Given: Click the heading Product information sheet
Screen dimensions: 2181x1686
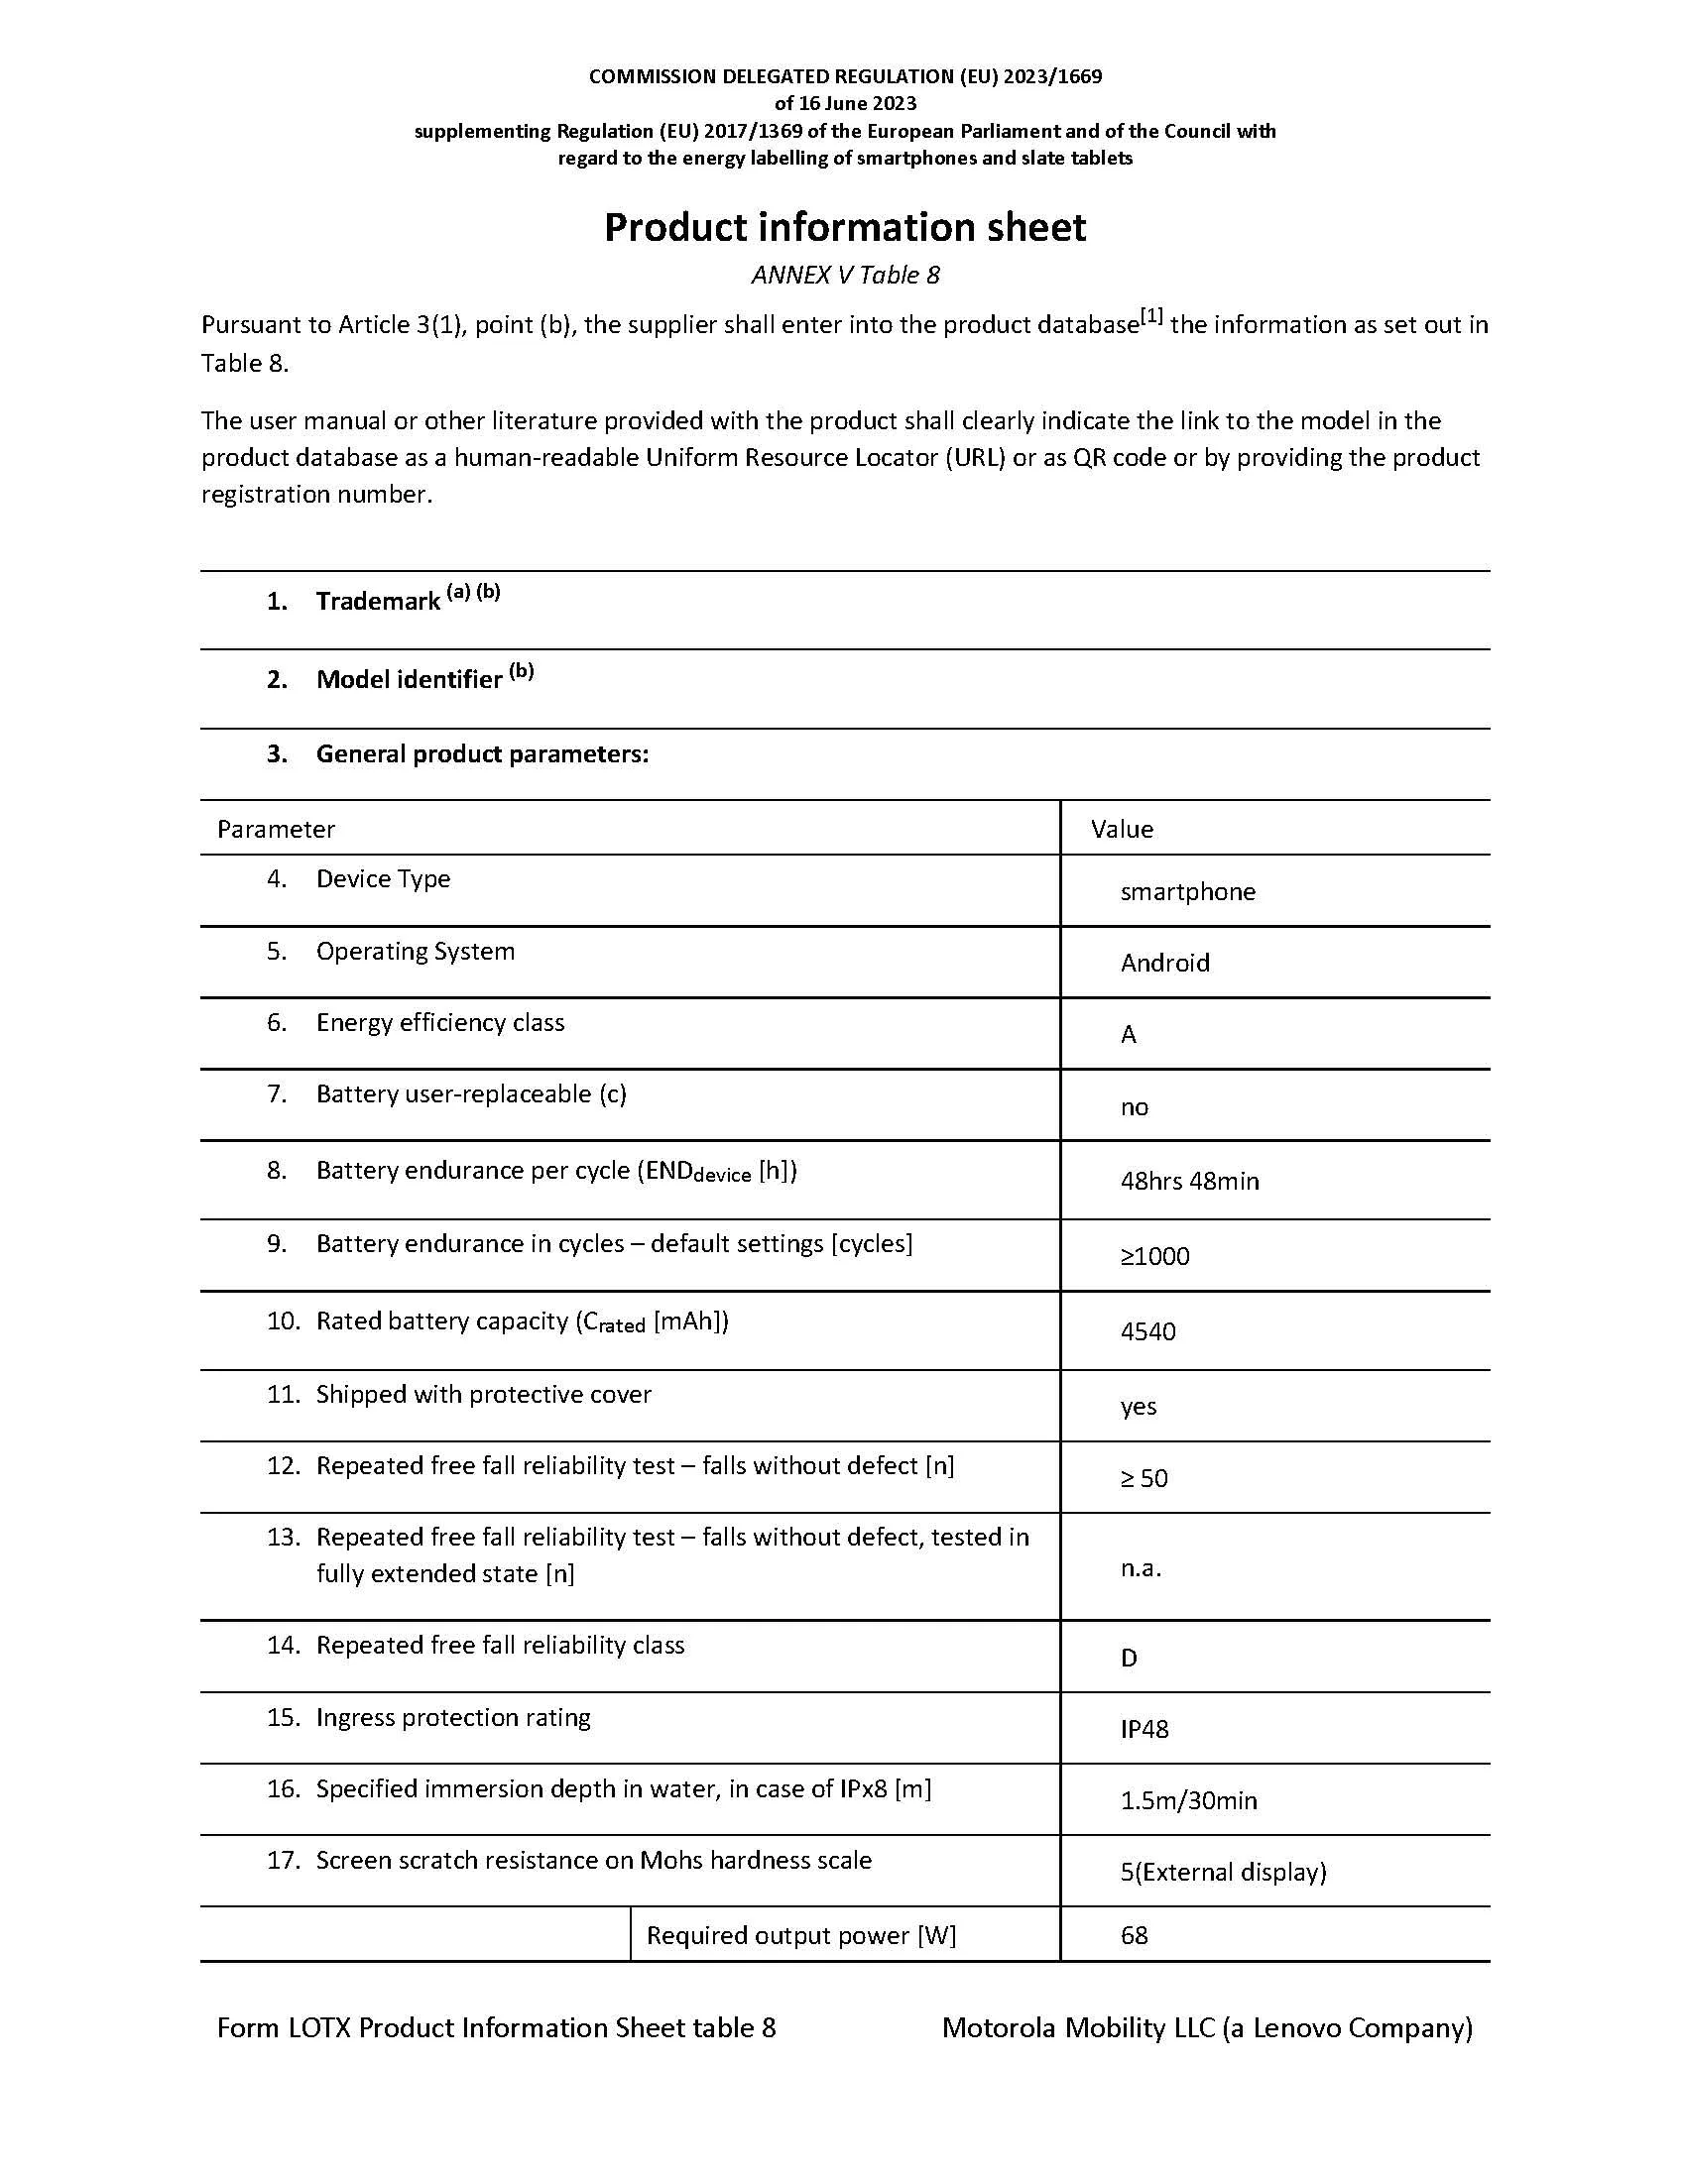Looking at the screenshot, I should pyautogui.click(x=844, y=228).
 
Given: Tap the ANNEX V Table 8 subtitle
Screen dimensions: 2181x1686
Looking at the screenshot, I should pyautogui.click(x=845, y=275).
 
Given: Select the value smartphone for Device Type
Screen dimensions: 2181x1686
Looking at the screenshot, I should pyautogui.click(x=1187, y=892).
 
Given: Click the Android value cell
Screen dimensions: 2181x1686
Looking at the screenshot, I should pyautogui.click(x=1164, y=963).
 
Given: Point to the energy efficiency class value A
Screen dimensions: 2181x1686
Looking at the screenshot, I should pyautogui.click(x=1129, y=1035).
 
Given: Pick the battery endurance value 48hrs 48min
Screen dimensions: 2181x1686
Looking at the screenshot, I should pyautogui.click(x=1189, y=1182).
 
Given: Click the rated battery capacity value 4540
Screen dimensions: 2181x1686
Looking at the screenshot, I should pyautogui.click(x=1147, y=1331).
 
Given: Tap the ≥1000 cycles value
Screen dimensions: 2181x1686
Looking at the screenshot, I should pyautogui.click(x=1154, y=1256).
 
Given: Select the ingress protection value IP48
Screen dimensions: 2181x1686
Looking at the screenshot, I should pyautogui.click(x=1144, y=1729).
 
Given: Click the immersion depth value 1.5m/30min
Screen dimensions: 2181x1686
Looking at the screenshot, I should pyautogui.click(x=1188, y=1800).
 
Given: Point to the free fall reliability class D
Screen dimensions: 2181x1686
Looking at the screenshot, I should pyautogui.click(x=1129, y=1658).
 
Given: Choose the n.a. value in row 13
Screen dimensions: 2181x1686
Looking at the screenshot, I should pyautogui.click(x=1141, y=1568).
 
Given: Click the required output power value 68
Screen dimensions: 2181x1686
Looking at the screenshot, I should pyautogui.click(x=1135, y=1935).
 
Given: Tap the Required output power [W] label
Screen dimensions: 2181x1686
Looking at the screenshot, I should pyautogui.click(x=801, y=1935).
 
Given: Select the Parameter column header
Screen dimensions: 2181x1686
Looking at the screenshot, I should pyautogui.click(x=276, y=829).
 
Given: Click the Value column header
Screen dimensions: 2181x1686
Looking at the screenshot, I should pyautogui.click(x=1122, y=829).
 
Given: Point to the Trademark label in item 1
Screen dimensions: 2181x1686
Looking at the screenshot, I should pyautogui.click(x=378, y=601).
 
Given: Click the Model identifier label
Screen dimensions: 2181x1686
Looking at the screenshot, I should pyautogui.click(x=409, y=680).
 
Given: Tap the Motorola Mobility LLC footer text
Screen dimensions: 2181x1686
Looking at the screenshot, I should pyautogui.click(x=1207, y=2027).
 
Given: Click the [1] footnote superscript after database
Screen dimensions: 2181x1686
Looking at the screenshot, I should pyautogui.click(x=1151, y=316).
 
